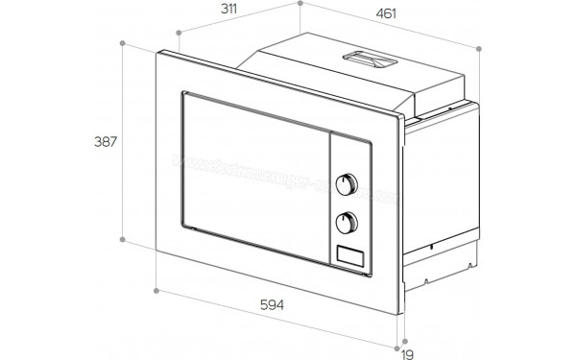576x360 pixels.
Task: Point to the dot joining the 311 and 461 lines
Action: [300, 4]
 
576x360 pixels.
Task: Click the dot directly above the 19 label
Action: [405, 337]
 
